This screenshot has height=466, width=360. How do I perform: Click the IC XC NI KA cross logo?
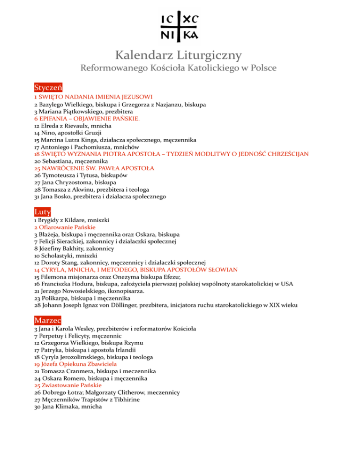(179, 26)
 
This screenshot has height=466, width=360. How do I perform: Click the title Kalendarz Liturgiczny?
(180, 55)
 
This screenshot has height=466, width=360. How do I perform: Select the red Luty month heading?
(42, 212)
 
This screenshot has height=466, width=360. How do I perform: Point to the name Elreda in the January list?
(52, 126)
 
